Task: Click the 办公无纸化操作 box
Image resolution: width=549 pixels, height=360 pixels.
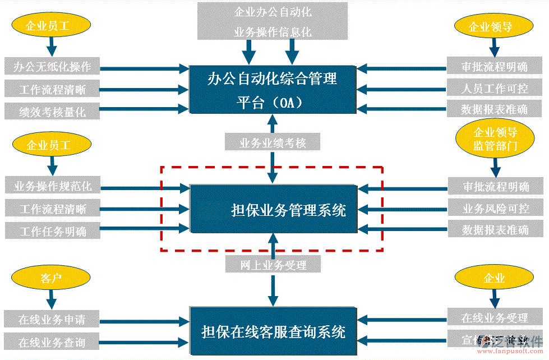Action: click(52, 68)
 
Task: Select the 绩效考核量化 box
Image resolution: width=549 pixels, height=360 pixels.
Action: click(52, 112)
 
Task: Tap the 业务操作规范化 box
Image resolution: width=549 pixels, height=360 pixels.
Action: click(52, 186)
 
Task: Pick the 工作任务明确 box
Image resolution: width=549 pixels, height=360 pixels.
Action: click(52, 230)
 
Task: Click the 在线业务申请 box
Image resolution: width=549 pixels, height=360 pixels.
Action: click(52, 320)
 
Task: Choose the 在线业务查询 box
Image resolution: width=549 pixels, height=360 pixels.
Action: click(52, 341)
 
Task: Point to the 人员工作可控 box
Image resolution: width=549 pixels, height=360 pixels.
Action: click(495, 89)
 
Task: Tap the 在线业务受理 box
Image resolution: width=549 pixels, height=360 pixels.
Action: click(495, 318)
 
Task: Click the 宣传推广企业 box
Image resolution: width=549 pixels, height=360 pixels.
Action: click(495, 340)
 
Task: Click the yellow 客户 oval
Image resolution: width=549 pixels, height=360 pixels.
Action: click(51, 278)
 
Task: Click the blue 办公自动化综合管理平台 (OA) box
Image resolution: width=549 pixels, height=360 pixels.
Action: click(273, 89)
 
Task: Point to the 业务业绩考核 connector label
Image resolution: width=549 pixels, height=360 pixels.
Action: click(273, 142)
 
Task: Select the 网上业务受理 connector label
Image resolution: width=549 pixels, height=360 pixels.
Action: click(273, 265)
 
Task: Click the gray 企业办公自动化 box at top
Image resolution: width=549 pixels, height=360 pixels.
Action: click(273, 21)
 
